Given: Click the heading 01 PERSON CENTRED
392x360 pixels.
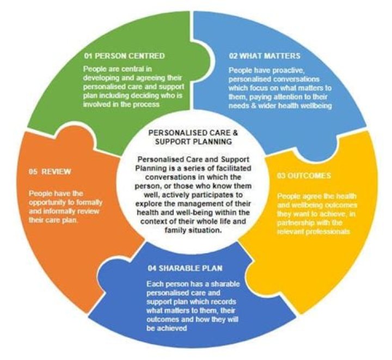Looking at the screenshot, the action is coord(125,56).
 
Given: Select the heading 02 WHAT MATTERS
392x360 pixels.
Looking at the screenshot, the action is coord(265,56).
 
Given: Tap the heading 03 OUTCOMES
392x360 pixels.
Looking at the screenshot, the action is coord(304,175).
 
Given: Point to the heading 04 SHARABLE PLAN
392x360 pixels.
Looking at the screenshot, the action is coord(185,269).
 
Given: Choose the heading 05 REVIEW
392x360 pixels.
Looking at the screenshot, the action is coord(50,172).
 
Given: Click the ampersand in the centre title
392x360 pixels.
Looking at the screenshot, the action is coord(236,132).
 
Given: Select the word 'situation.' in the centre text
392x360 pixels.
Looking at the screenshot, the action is coord(205,230).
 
